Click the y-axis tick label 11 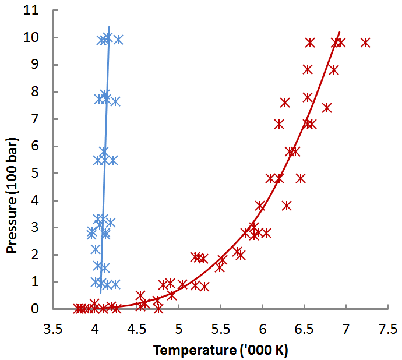point(39,10)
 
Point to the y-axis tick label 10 point(39,37)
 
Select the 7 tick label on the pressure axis point(42,119)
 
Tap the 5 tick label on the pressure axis point(42,173)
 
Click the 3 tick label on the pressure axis point(42,227)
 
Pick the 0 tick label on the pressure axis point(42,309)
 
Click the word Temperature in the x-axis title point(188,350)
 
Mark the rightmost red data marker point(365,43)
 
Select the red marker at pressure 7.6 point(285,103)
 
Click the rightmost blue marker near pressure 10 point(118,40)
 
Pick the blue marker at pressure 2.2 point(96,249)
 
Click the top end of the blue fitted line point(109,26)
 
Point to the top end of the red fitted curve point(340,32)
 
